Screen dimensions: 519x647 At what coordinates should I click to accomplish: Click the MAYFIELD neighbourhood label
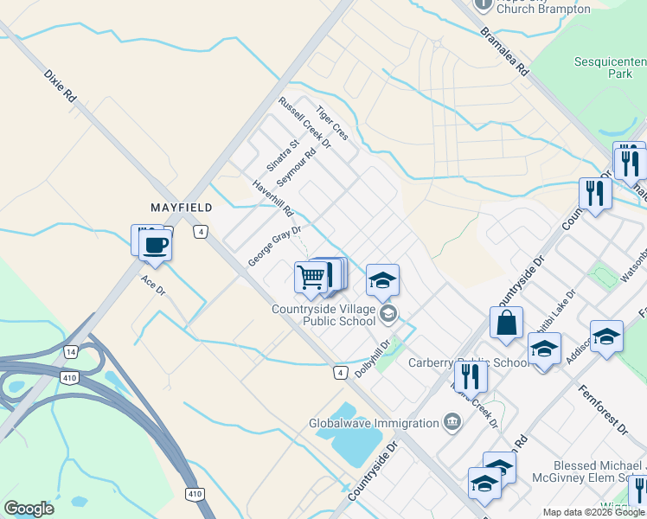pyautogui.click(x=182, y=208)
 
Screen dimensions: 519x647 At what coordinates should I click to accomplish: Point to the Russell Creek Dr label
pyautogui.click(x=304, y=122)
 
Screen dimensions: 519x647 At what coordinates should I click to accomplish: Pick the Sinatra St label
pyautogui.click(x=281, y=154)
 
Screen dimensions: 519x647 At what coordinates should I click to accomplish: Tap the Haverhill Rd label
pyautogui.click(x=273, y=198)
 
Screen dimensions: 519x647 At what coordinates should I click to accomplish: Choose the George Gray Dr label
pyautogui.click(x=274, y=246)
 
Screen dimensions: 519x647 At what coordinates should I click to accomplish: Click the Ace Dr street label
pyautogui.click(x=153, y=285)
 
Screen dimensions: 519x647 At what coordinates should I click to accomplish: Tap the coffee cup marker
pyautogui.click(x=155, y=244)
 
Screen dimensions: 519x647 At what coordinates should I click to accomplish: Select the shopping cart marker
pyautogui.click(x=311, y=278)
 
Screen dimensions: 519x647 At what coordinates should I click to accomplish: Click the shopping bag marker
pyautogui.click(x=506, y=322)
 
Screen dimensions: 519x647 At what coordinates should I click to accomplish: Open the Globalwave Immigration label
pyautogui.click(x=374, y=424)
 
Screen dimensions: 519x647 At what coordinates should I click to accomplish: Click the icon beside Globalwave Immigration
pyautogui.click(x=451, y=422)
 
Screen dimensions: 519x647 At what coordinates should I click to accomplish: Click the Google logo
pyautogui.click(x=29, y=509)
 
